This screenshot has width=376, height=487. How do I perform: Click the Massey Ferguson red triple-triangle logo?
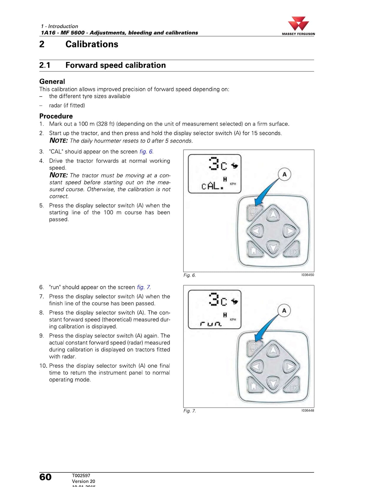pyautogui.click(x=298, y=24)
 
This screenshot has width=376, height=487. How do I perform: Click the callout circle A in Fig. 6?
pyautogui.click(x=284, y=174)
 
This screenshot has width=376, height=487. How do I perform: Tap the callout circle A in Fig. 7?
pyautogui.click(x=284, y=310)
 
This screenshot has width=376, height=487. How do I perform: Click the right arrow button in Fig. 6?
pyautogui.click(x=290, y=231)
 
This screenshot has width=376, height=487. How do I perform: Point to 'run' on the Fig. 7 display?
pyautogui.click(x=211, y=324)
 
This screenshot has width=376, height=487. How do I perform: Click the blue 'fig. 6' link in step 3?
pyautogui.click(x=146, y=152)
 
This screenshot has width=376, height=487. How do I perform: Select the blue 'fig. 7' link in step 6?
pyautogui.click(x=143, y=287)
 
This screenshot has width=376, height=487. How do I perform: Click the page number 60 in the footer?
pyautogui.click(x=46, y=477)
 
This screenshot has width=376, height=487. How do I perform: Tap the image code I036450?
pyautogui.click(x=308, y=275)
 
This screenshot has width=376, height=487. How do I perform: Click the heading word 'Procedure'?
pyautogui.click(x=56, y=116)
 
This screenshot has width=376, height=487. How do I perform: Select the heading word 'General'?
pyautogui.click(x=52, y=82)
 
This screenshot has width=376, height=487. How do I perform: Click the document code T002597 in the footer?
pyautogui.click(x=81, y=476)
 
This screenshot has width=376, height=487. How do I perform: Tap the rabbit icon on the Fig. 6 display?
pyautogui.click(x=235, y=166)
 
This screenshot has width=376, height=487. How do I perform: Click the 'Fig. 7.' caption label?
pyautogui.click(x=189, y=411)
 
